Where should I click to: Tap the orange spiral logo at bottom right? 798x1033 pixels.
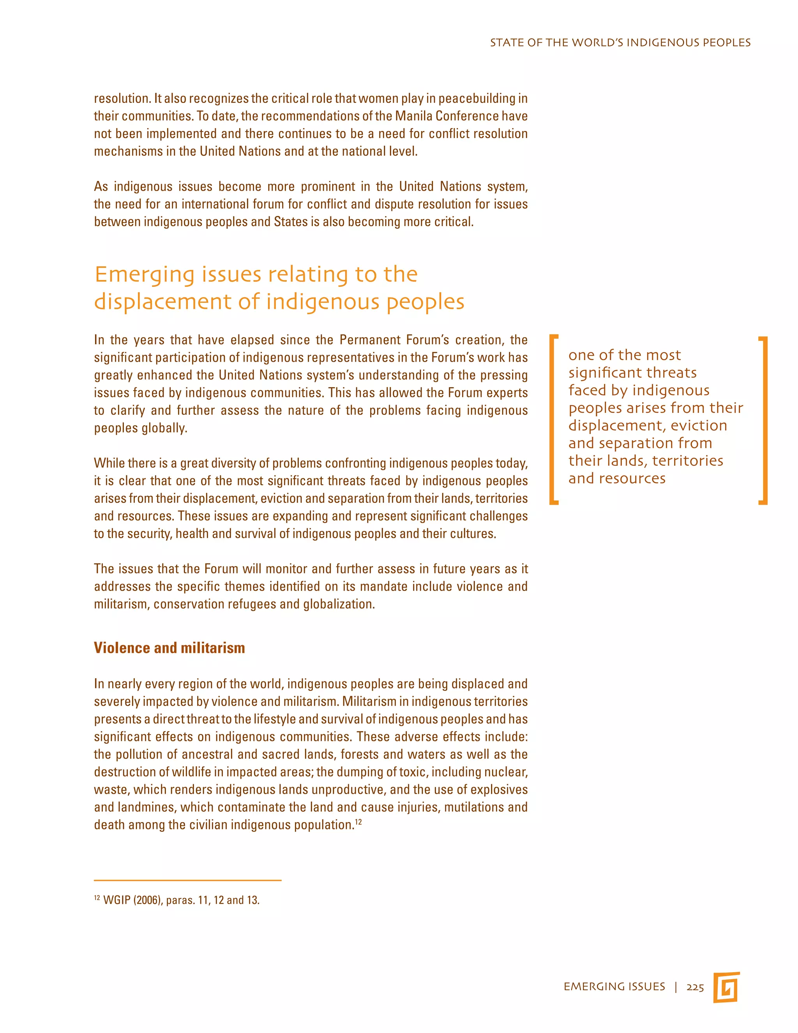(726, 987)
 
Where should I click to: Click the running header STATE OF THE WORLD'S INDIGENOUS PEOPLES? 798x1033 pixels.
(620, 43)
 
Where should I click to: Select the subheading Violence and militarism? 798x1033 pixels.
(169, 647)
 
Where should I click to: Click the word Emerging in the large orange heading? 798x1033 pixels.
(144, 275)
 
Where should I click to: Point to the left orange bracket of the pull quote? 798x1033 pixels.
(554, 419)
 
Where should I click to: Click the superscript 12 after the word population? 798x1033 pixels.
(358, 822)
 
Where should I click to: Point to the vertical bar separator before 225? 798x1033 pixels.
(676, 987)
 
